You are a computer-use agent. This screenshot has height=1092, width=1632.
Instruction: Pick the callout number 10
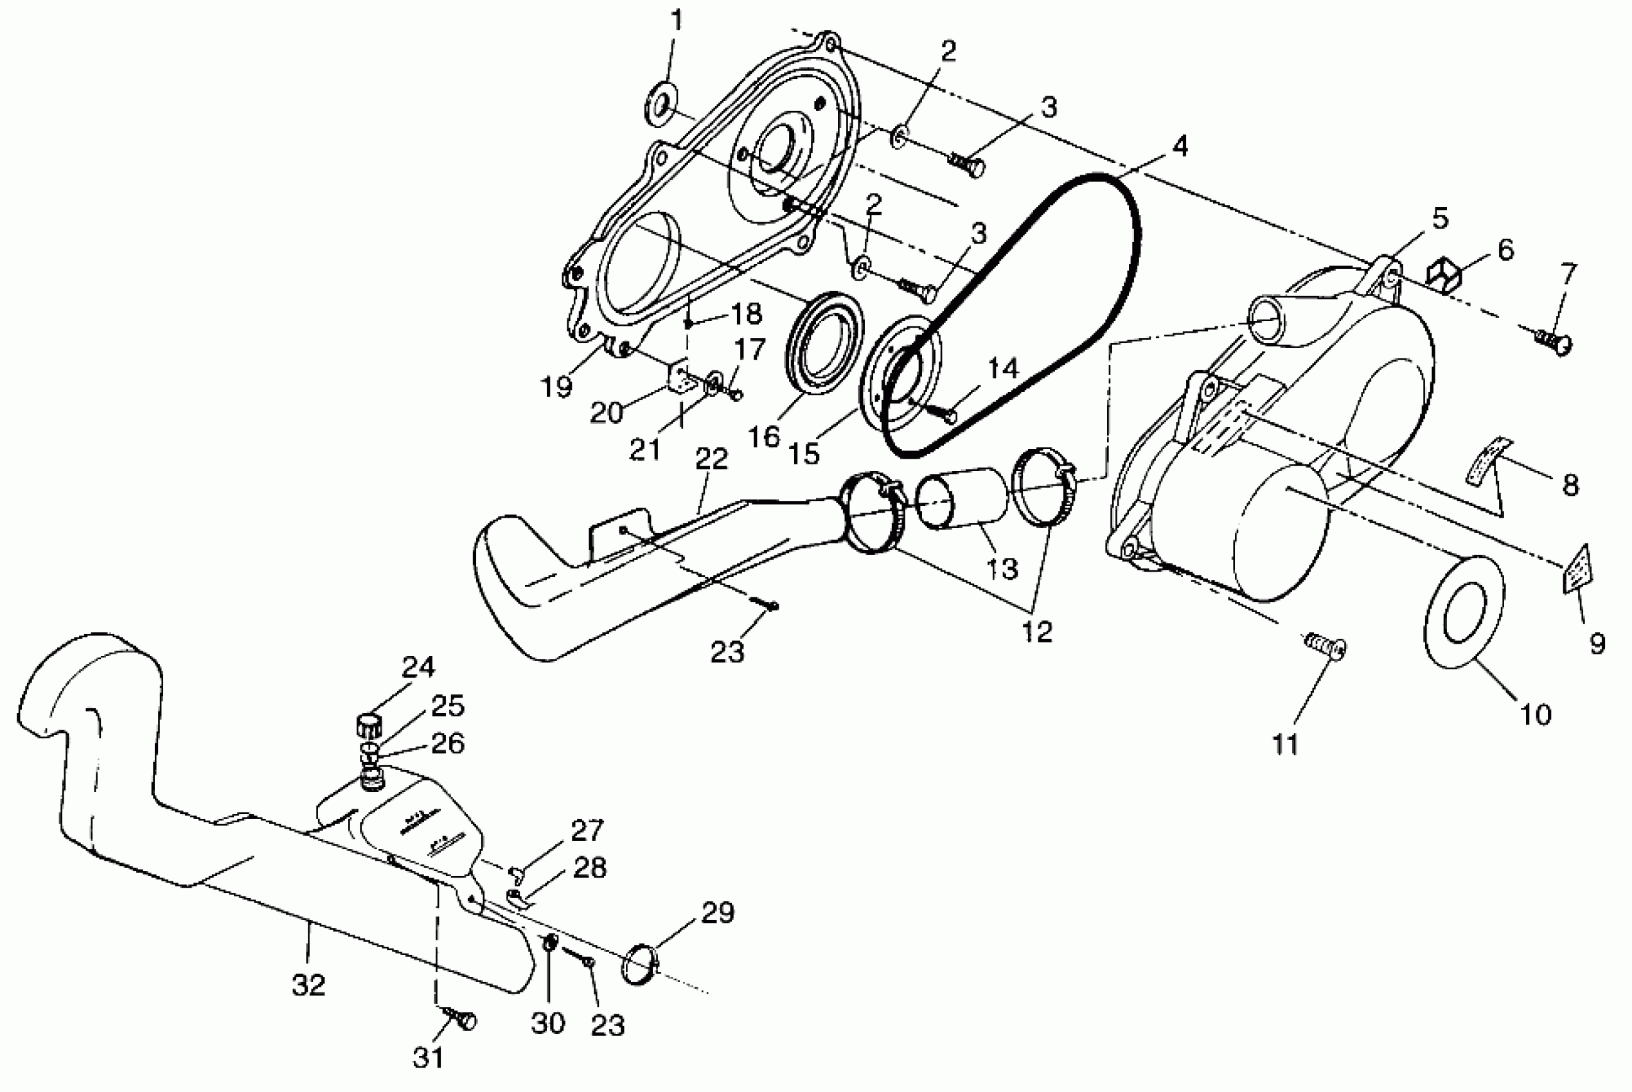coord(1535,715)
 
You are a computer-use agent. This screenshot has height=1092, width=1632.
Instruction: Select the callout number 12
coord(1037,631)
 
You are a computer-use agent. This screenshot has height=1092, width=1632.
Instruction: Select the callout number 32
coord(308,985)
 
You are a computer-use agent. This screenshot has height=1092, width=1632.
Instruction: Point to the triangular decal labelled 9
coord(1575,569)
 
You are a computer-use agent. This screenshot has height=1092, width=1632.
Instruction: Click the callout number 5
coord(1440,218)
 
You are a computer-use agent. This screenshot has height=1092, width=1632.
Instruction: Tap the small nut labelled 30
coord(549,944)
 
